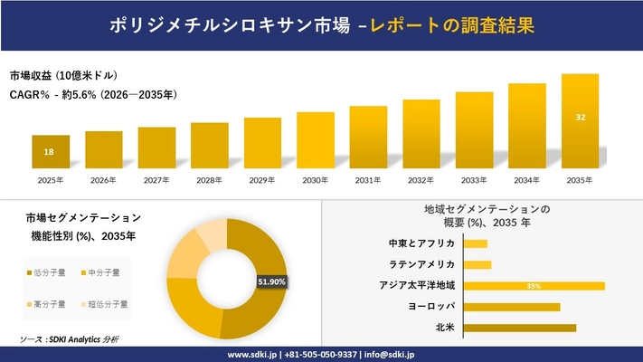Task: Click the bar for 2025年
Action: coord(51,151)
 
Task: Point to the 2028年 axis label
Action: coord(209,181)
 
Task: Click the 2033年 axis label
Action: coord(474,181)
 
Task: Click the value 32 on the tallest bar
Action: coord(580,117)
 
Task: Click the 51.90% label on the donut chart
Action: coord(271,282)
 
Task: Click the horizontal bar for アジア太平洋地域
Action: coord(534,286)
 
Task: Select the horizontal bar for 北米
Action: coord(519,328)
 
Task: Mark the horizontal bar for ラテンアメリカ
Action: coord(478,265)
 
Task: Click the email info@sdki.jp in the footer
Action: coord(390,354)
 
